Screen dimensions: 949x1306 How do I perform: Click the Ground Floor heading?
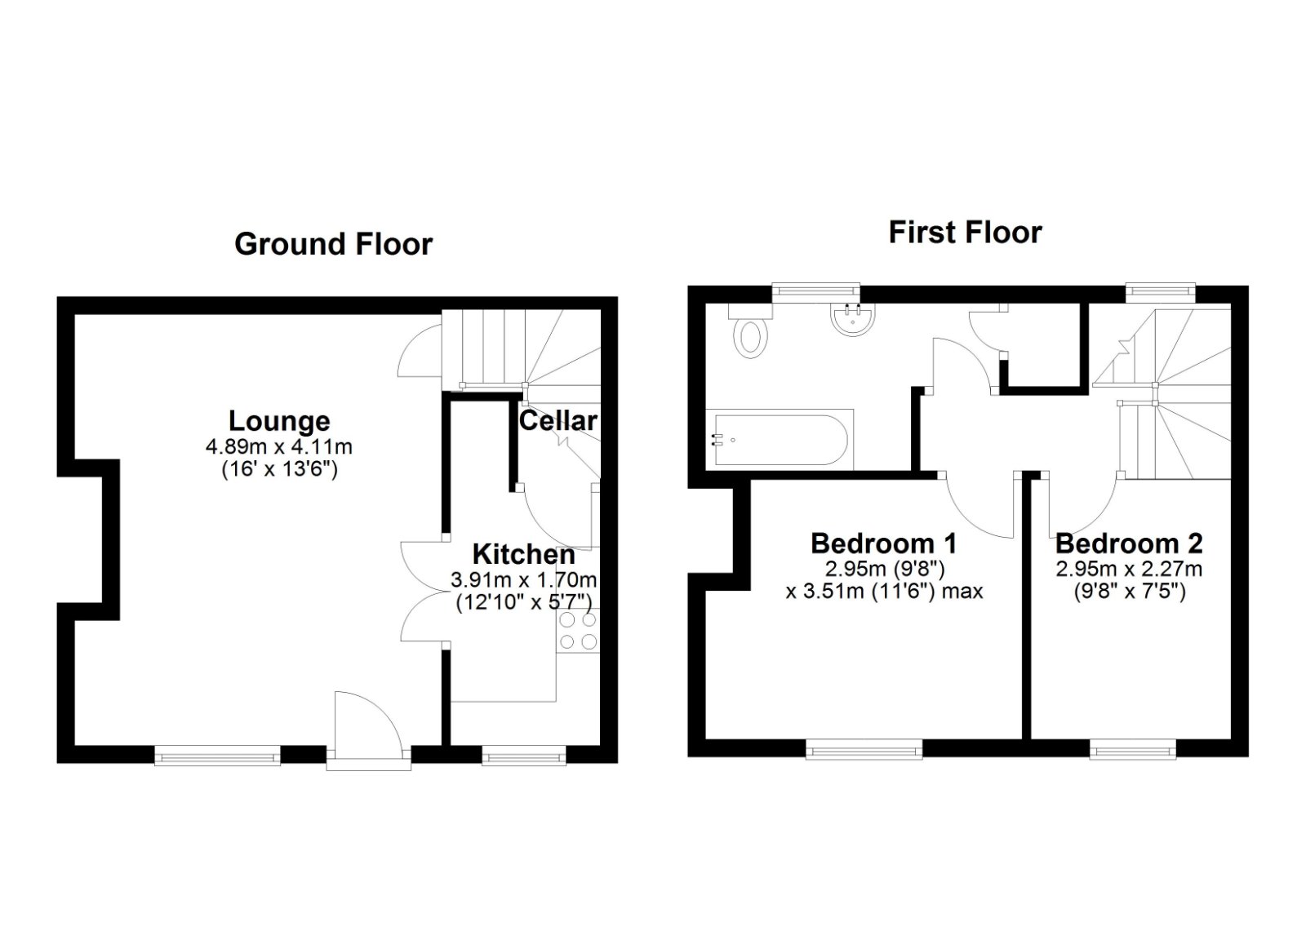coord(333,244)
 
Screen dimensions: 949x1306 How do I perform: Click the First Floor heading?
coord(965,233)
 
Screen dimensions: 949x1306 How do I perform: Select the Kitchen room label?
coord(523,554)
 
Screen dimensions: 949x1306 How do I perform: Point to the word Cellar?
coord(558,420)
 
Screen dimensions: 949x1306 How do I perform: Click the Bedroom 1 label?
coord(883,543)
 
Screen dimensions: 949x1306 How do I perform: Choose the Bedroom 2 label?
coord(1129,543)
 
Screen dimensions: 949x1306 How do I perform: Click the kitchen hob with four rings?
coord(578,630)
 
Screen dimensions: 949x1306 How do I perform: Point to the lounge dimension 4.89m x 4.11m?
coord(279,447)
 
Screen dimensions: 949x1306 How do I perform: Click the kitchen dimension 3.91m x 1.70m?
coord(523,580)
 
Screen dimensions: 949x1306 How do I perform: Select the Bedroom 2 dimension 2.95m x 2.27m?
coord(1129,569)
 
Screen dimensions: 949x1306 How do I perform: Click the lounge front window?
coord(218,757)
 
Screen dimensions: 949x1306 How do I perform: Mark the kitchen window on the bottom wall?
coord(524,757)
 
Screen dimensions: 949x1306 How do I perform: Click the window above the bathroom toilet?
coord(816,290)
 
